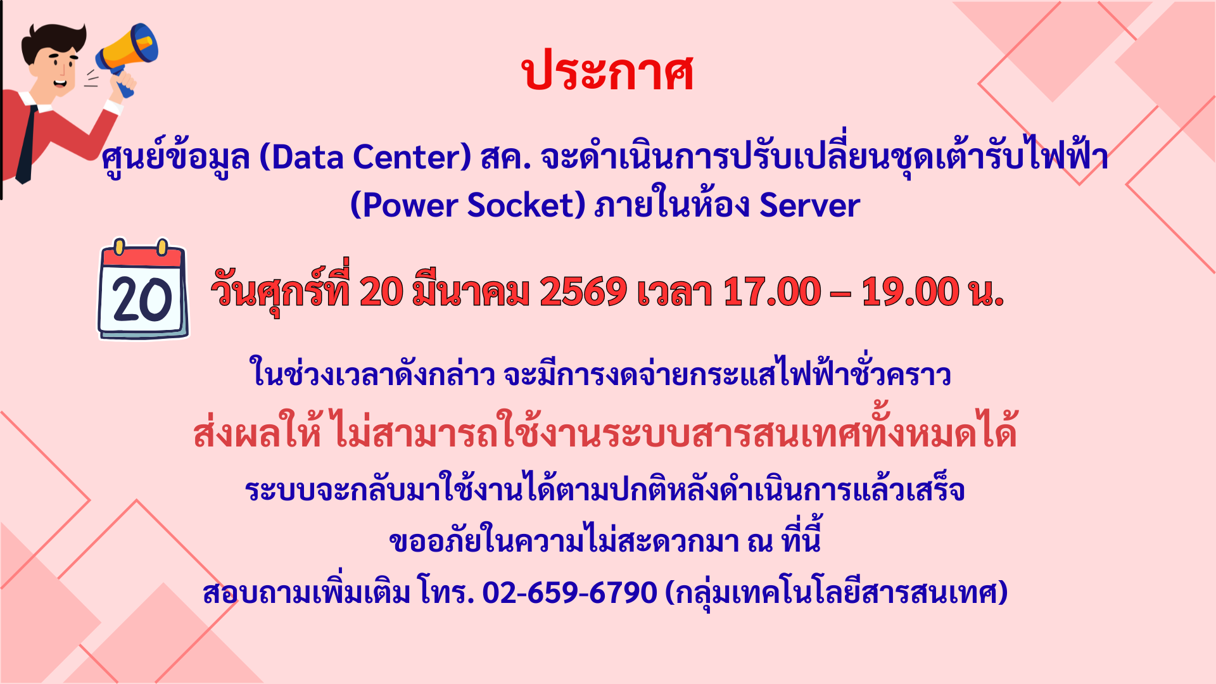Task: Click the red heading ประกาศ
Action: point(608,72)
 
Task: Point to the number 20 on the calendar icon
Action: point(142,300)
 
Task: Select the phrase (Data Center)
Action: point(365,158)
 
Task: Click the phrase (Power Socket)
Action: point(468,205)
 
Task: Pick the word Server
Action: point(809,205)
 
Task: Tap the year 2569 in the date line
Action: point(583,293)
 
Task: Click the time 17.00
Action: point(772,293)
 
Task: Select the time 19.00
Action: point(911,293)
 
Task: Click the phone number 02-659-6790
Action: point(570,593)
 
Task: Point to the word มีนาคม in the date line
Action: point(471,291)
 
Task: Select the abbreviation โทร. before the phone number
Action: point(446,592)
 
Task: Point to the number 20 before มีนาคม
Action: point(381,293)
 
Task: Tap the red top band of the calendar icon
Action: point(143,256)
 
